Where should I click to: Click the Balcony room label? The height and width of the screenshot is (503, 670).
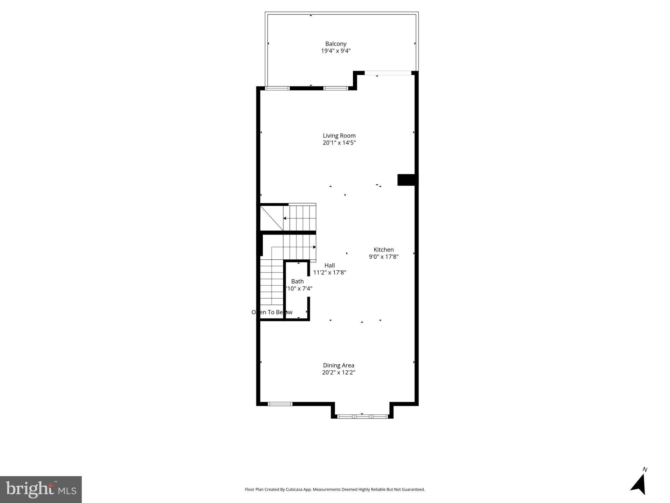336,44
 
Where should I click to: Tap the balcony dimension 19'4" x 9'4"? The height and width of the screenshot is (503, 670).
336,51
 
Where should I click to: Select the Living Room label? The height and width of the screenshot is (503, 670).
339,136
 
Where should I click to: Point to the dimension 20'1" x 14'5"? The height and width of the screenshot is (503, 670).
339,143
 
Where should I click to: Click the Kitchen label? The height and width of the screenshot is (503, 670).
383,250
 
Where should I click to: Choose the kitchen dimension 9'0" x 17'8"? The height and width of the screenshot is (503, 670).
383,257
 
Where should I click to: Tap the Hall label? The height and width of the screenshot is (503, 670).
329,265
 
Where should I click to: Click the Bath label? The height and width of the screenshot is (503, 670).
297,281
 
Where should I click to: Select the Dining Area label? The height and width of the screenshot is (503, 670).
339,365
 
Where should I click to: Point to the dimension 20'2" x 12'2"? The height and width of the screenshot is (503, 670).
339,372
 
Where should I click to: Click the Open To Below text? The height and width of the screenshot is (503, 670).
272,312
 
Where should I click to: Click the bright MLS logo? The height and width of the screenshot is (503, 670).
41,489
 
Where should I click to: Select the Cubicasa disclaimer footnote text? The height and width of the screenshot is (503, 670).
335,490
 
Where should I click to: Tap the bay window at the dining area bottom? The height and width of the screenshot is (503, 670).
362,417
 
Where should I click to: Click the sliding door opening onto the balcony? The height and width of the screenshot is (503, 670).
388,73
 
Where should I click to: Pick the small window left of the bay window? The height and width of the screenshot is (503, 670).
280,404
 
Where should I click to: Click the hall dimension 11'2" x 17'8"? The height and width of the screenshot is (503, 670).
329,272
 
